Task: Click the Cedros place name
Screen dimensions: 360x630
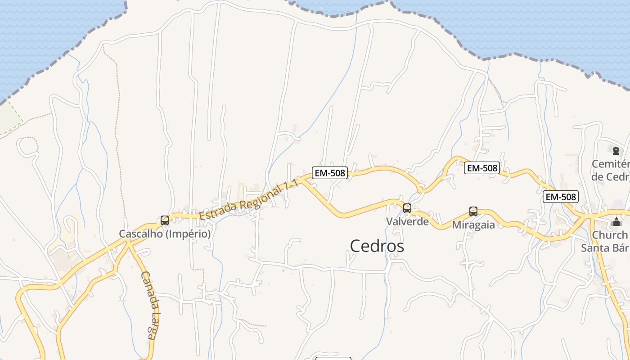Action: coord(377,246)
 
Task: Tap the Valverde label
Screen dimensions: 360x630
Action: coord(407,221)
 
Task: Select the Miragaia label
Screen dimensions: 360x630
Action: coord(473,225)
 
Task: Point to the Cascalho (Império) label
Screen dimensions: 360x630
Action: coord(165,234)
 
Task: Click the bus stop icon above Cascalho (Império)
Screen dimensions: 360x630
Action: coord(165,220)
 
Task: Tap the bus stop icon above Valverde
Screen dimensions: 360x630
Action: coord(407,208)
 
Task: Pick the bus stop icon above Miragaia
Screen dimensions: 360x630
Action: coord(473,211)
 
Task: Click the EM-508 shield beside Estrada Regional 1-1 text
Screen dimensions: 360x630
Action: coord(330,173)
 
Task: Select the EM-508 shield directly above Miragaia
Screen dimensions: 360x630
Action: coord(482,168)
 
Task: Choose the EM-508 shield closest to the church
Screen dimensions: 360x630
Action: coord(560,197)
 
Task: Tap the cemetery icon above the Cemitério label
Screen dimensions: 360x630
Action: coord(616,151)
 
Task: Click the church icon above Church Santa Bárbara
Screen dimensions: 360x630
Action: coord(616,222)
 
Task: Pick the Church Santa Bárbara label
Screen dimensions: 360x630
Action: coord(605,241)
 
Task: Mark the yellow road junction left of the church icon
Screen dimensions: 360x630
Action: coord(587,216)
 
